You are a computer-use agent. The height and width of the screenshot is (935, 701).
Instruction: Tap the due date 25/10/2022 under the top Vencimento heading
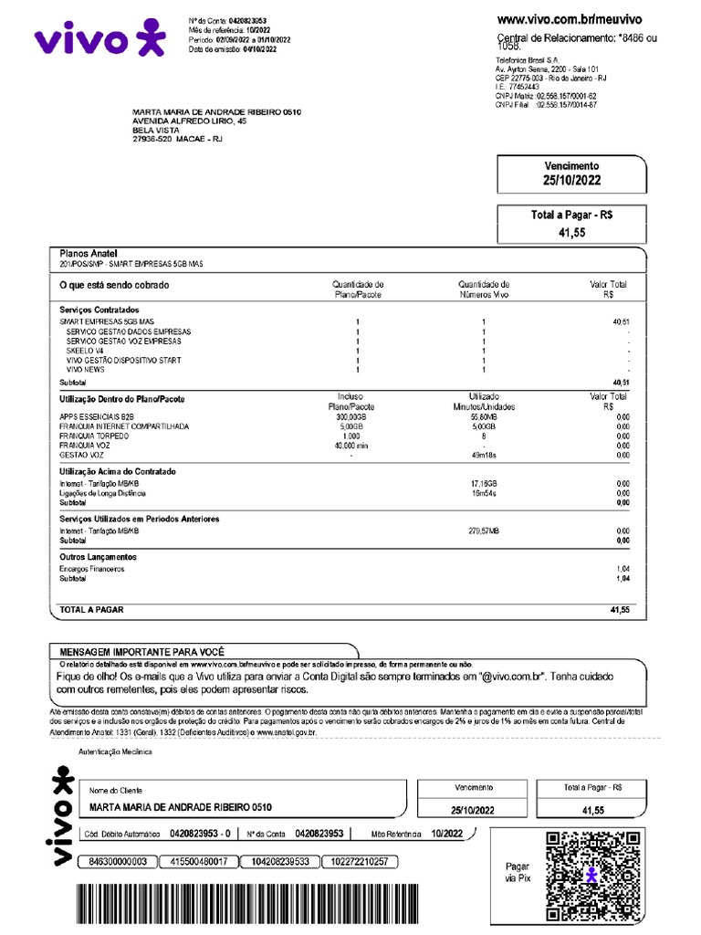point(571,180)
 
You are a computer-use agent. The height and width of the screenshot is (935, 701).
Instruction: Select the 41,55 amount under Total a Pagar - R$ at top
point(571,233)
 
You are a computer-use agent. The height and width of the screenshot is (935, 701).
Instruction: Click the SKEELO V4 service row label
point(87,351)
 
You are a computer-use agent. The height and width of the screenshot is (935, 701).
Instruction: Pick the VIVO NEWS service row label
point(85,370)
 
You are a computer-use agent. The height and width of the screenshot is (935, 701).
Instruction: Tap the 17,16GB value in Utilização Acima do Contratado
point(484,483)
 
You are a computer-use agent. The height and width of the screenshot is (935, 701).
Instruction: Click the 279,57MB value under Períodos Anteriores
point(484,531)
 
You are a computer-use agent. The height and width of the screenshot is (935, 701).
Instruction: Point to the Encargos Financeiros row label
point(91,569)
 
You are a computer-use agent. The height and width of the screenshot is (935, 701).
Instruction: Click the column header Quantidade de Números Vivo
point(484,289)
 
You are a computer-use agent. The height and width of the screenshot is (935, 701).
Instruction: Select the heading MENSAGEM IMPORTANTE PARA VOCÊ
point(141,651)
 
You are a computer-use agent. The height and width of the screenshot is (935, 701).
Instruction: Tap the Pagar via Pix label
point(517,872)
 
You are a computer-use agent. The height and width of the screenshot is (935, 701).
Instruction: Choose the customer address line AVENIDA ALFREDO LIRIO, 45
point(189,121)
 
